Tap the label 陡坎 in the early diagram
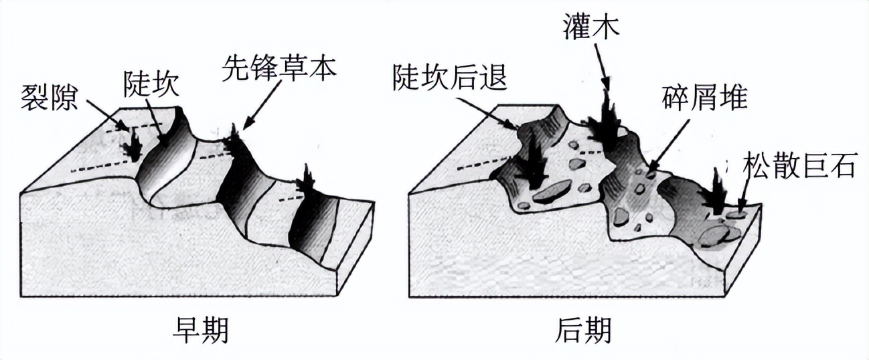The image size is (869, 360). (x=151, y=84)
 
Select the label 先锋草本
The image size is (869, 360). (x=279, y=69)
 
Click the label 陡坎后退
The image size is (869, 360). (x=450, y=77)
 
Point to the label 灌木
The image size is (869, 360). (x=591, y=25)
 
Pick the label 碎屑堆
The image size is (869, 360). (x=704, y=97)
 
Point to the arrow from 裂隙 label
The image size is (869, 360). (x=107, y=115)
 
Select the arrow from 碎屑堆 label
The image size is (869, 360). (x=667, y=146)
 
